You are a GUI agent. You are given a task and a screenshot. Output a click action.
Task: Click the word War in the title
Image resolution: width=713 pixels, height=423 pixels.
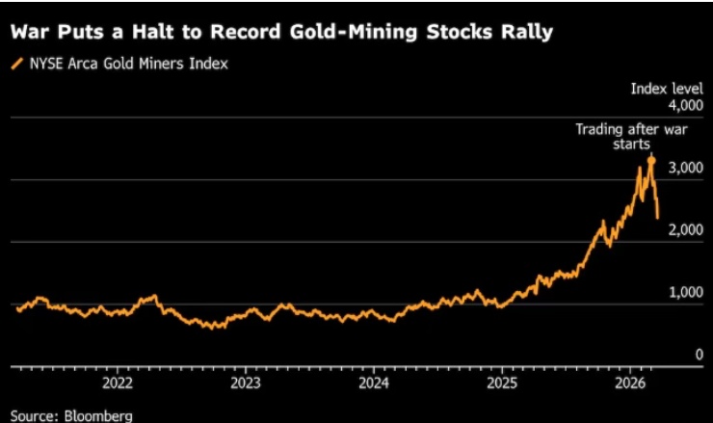point(30,31)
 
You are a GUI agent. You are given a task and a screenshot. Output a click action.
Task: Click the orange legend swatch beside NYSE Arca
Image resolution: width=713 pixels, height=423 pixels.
point(15,64)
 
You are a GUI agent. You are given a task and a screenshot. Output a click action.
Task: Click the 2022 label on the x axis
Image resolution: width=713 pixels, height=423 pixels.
point(118,382)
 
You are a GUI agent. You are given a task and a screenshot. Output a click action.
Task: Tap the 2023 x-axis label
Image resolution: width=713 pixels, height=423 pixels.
point(245,382)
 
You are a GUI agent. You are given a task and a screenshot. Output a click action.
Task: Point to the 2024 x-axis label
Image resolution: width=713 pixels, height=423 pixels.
point(373,382)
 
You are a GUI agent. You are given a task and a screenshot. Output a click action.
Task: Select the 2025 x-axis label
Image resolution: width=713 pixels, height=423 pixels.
point(501,382)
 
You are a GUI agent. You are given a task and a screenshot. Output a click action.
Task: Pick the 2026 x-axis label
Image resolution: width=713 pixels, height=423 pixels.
point(629,382)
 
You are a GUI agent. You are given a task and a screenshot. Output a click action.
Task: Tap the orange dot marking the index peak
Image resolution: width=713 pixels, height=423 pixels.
point(651,159)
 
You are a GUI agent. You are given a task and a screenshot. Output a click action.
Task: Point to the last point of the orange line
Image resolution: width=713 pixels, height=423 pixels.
point(658,218)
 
